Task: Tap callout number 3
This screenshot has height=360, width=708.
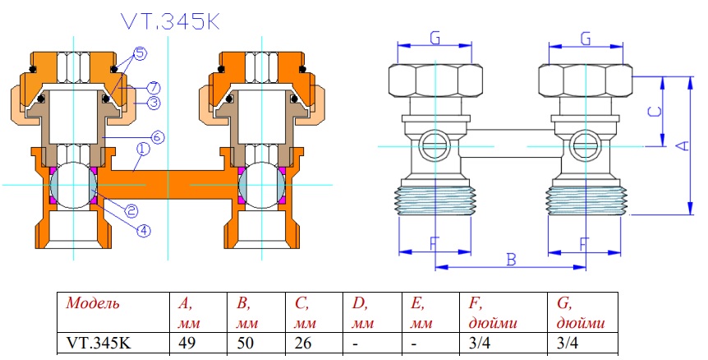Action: (x=152, y=102)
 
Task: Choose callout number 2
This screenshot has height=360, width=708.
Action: (x=130, y=212)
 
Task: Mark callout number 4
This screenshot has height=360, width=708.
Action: (x=143, y=230)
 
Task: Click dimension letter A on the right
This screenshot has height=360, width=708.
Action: (x=681, y=145)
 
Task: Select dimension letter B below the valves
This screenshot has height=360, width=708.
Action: (x=510, y=260)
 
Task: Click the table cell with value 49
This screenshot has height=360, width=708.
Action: (x=186, y=344)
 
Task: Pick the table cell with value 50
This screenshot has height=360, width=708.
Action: (x=244, y=344)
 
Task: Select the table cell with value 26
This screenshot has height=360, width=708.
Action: (x=301, y=344)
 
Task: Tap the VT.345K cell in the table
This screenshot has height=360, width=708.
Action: (x=97, y=344)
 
